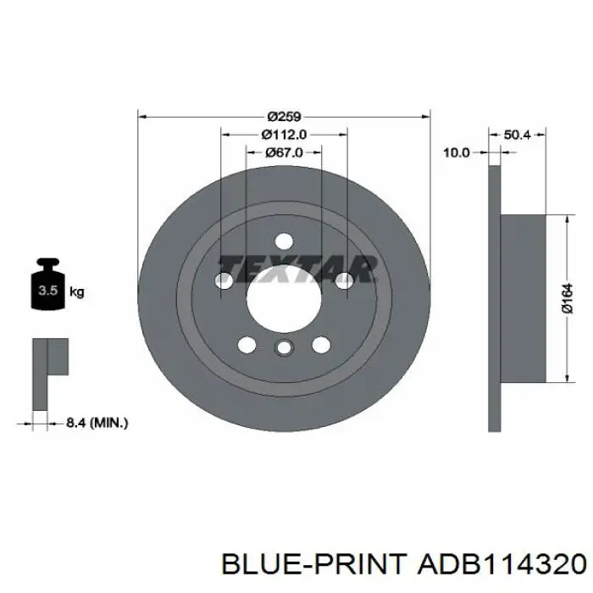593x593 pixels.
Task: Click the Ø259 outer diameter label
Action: [x=284, y=117]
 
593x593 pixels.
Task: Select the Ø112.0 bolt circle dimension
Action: [x=284, y=134]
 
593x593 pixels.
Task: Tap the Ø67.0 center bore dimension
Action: [x=284, y=152]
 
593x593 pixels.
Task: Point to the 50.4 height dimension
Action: [x=518, y=135]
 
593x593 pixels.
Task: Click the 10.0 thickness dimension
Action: [x=456, y=152]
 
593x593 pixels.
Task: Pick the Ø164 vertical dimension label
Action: [x=568, y=298]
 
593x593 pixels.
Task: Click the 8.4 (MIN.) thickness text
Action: [x=97, y=423]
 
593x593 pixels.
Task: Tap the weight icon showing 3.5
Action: [x=48, y=284]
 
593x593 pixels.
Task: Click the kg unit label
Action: [x=77, y=292]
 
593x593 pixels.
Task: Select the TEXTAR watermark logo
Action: [x=296, y=269]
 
